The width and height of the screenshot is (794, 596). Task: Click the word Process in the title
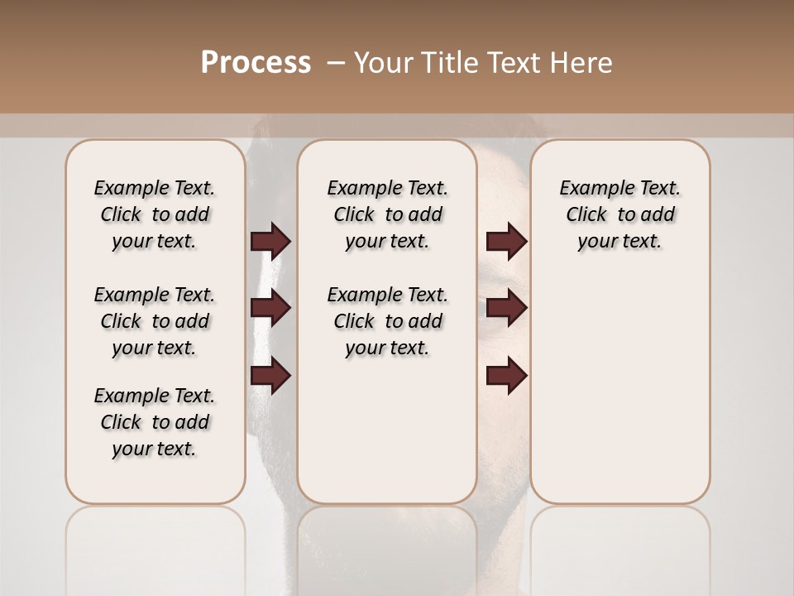click(x=256, y=63)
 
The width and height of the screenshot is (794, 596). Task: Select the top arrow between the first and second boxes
click(x=270, y=241)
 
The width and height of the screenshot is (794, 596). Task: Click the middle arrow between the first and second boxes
click(x=270, y=308)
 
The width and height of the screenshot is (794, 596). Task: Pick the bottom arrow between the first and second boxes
click(x=270, y=376)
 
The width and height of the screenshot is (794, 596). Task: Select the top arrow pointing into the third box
click(x=506, y=241)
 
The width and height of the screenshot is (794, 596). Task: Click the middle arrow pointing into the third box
click(x=506, y=308)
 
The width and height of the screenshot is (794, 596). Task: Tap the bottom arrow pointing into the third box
click(x=506, y=376)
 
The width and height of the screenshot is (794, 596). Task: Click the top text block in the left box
click(x=155, y=214)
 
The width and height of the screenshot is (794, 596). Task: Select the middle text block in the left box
click(x=155, y=321)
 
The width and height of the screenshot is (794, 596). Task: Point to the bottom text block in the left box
click(x=155, y=422)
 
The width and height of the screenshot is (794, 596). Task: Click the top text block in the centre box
click(x=387, y=214)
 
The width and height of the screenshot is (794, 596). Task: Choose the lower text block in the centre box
click(x=387, y=321)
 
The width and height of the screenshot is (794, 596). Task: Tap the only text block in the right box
click(x=619, y=214)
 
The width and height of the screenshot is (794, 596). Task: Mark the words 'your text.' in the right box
click(x=619, y=242)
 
